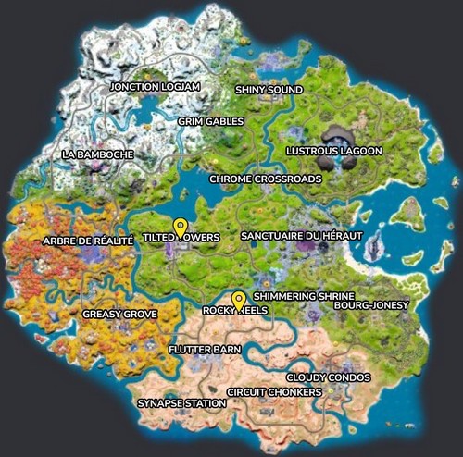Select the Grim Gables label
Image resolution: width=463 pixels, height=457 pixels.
[211, 121]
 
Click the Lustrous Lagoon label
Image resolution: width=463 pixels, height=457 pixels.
[321, 150]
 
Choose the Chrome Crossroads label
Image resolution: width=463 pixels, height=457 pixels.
[266, 179]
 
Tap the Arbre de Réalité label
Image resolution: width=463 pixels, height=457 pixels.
[89, 241]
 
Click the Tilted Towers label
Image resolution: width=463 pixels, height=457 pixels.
[181, 238]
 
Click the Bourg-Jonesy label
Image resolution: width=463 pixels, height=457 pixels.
[372, 304]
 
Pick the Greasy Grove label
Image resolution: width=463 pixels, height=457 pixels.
[119, 315]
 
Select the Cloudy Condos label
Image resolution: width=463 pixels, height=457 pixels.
[329, 377]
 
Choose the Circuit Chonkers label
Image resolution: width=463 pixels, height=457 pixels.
[274, 392]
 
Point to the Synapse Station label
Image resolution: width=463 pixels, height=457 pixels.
[181, 403]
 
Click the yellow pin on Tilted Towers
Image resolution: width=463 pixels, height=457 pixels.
[181, 227]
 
